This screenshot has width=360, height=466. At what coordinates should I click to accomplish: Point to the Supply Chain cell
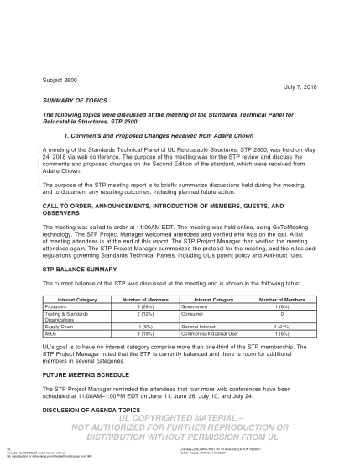60,327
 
